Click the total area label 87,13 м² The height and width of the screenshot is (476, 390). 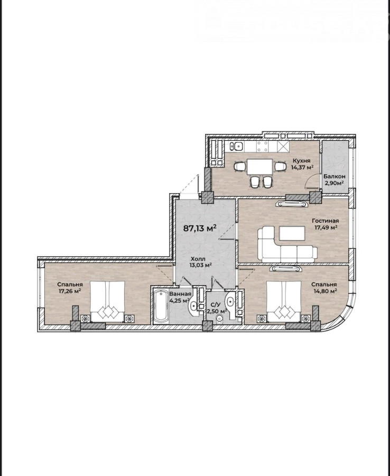[200, 228]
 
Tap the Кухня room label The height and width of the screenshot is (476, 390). [301, 161]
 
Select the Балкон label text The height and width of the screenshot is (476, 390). [334, 176]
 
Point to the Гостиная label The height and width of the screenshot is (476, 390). [326, 221]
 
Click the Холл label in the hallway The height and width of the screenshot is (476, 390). [198, 259]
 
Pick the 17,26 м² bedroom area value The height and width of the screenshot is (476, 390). [70, 291]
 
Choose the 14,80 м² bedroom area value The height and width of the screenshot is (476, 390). [324, 291]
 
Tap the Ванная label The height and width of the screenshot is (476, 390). [180, 294]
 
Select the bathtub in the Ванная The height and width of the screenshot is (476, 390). [161, 306]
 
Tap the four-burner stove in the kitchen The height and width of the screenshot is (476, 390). [262, 147]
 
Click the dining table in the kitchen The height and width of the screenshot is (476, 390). [260, 167]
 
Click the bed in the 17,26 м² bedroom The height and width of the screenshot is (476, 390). [107, 301]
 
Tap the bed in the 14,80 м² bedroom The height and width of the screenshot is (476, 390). [284, 301]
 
